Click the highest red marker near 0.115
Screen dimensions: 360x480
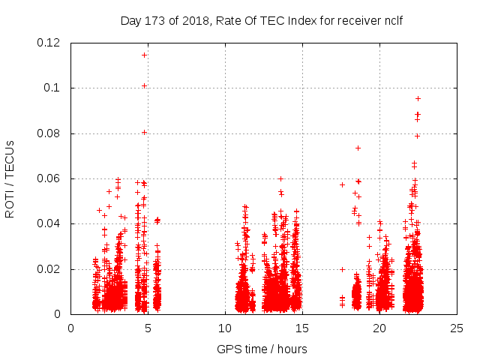tap(144, 55)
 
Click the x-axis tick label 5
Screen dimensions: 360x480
tap(148, 328)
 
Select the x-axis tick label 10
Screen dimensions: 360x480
tap(225, 328)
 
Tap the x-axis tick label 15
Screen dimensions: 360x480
tap(302, 328)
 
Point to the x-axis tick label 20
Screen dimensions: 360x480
tap(379, 328)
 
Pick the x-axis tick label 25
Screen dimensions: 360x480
tap(457, 328)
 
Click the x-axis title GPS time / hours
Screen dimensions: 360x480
tap(262, 349)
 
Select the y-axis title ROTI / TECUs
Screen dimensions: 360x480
tap(10, 178)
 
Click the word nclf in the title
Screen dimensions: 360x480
tap(392, 20)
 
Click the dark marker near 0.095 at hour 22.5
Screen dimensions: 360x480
tap(418, 98)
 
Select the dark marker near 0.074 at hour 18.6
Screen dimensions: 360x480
tap(358, 148)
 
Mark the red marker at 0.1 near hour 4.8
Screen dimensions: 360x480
tap(144, 85)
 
